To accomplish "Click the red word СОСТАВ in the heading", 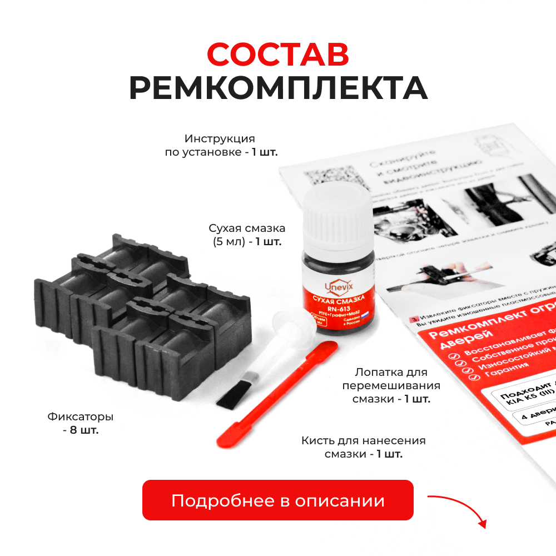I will coord(278,54).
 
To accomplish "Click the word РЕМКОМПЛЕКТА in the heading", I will coord(278,88).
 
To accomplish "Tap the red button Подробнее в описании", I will coord(278,500).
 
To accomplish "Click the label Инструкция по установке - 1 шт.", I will coord(221,145).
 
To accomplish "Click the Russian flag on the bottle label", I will coord(365,315).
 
